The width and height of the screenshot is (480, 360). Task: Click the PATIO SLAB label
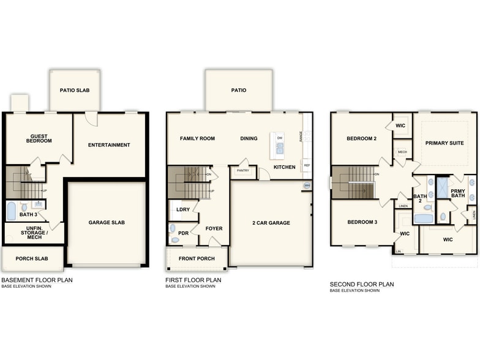[x=75, y=90]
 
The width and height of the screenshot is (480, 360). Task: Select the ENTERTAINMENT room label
[x=109, y=145]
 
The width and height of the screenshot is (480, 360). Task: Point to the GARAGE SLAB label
[x=107, y=222]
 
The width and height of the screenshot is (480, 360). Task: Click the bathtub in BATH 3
[x=11, y=212]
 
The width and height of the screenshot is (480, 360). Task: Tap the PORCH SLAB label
[x=32, y=258]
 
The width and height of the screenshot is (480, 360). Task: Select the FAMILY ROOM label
[x=197, y=138]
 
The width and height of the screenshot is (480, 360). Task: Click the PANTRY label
[x=243, y=171]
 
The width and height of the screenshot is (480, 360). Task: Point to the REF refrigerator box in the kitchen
[x=306, y=166]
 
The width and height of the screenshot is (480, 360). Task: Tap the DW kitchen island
[x=279, y=145]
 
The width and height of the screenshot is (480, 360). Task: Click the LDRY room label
[x=182, y=209]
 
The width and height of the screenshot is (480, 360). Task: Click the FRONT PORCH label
[x=197, y=258]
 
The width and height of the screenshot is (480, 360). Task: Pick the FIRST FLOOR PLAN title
[x=193, y=280]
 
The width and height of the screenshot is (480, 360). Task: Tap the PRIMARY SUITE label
[x=444, y=143]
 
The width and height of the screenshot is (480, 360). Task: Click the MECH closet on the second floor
[x=402, y=151]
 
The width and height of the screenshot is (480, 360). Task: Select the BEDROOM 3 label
[x=361, y=222]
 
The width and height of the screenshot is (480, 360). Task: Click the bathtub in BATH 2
[x=423, y=218]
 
